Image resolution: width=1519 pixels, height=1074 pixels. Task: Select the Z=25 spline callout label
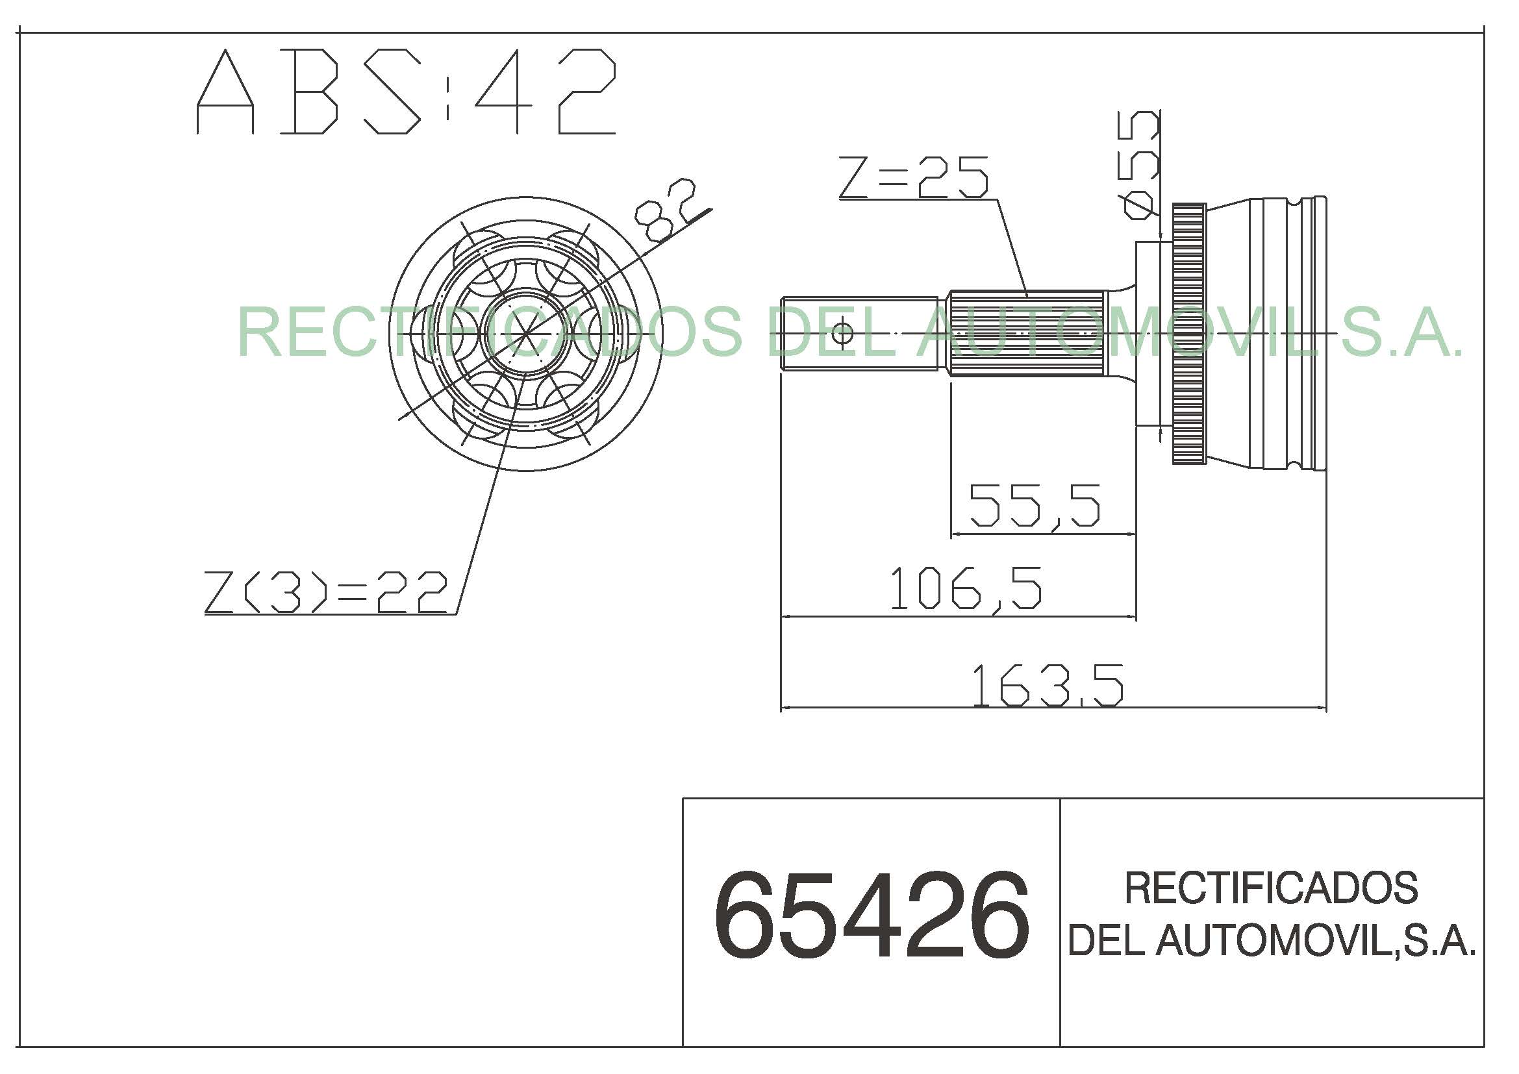click(914, 177)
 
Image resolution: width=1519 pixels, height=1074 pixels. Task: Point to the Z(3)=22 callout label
click(326, 593)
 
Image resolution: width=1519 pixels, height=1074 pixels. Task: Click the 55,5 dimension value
click(1035, 505)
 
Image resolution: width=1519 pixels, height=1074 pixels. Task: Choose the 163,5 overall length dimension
click(1048, 686)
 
